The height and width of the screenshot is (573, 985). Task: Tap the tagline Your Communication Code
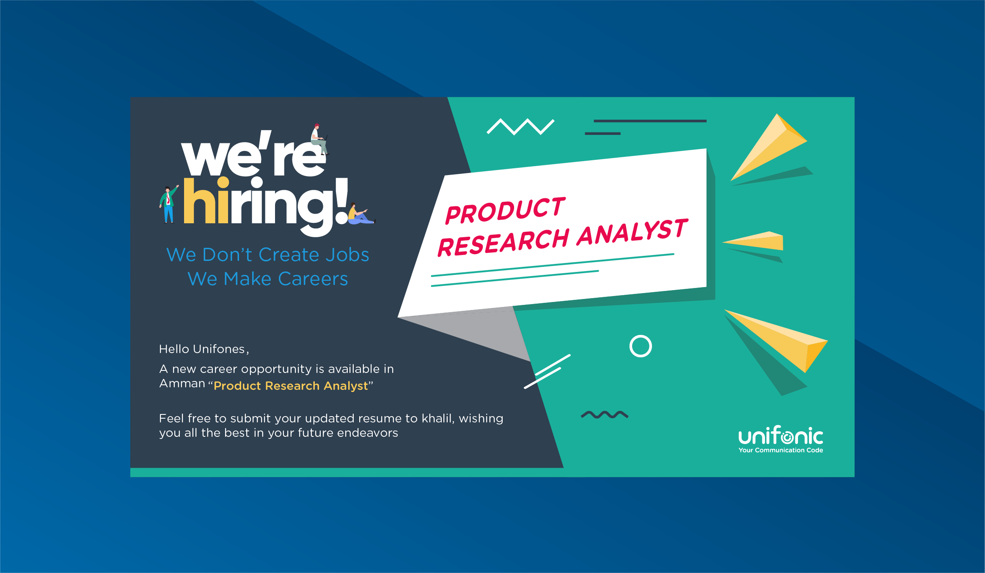coord(781,450)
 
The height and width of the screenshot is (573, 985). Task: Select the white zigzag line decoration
coord(520,126)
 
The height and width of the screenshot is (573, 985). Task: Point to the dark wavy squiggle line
coord(605,414)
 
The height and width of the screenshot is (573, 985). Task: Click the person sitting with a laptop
coord(319,139)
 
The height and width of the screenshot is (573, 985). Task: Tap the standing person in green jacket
coord(169,204)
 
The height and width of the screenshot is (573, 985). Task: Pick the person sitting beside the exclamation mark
coord(360,214)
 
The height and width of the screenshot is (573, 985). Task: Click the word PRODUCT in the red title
coord(505,210)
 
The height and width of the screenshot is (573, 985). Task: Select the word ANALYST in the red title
coord(632,232)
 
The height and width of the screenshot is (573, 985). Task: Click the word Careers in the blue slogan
coord(313,279)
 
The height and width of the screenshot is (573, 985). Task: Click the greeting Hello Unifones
coord(204,349)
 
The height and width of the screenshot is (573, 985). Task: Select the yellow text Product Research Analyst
coord(291,386)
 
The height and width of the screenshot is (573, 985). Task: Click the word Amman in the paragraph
coord(182,384)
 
